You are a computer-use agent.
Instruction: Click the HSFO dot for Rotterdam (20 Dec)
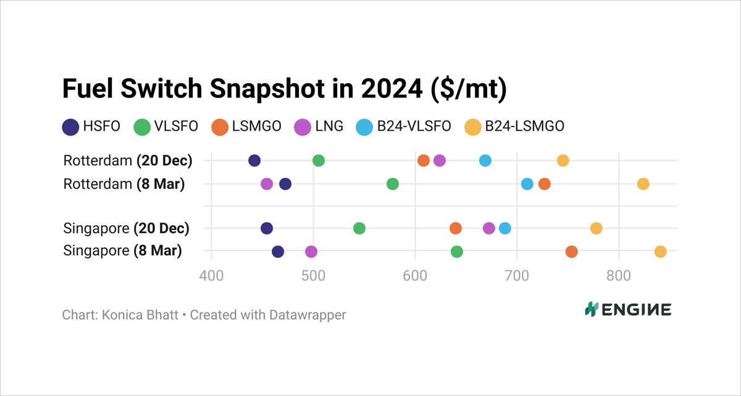(x=254, y=160)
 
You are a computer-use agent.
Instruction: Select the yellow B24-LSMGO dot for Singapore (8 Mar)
(x=660, y=252)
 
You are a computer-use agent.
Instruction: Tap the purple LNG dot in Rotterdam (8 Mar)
(x=267, y=184)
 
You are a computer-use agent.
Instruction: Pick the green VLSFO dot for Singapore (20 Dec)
(x=359, y=228)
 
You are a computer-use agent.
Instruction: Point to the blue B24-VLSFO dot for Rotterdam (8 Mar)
(x=527, y=184)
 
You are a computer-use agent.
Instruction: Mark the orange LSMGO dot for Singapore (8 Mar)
(x=572, y=252)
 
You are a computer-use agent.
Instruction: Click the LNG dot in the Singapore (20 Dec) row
(x=489, y=228)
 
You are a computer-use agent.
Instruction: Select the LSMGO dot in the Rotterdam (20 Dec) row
(x=424, y=160)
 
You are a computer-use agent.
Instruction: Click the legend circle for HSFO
(x=70, y=126)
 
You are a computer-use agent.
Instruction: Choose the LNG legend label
(x=329, y=126)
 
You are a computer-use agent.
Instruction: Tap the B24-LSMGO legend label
(x=525, y=126)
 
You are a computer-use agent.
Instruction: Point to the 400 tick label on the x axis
(x=212, y=275)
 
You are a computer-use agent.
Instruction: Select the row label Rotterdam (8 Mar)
(x=124, y=184)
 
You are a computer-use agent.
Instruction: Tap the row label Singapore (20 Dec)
(x=126, y=228)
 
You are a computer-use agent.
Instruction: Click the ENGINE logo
(x=628, y=310)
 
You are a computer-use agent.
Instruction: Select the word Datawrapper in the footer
(x=308, y=315)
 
